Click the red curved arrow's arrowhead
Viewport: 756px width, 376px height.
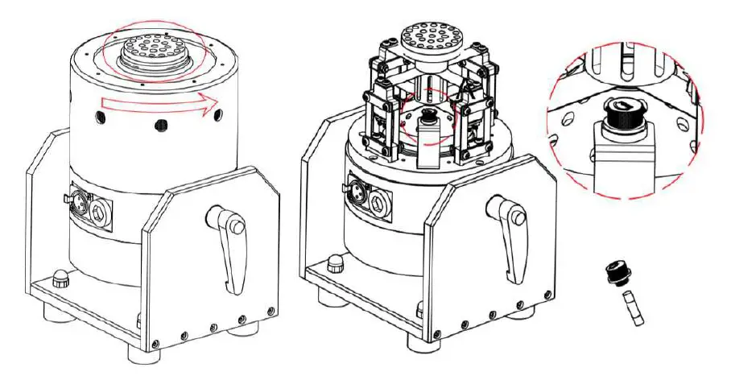tap(212, 102)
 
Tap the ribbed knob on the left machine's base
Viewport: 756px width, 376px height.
tap(59, 282)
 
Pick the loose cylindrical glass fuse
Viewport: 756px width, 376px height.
tap(634, 310)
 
